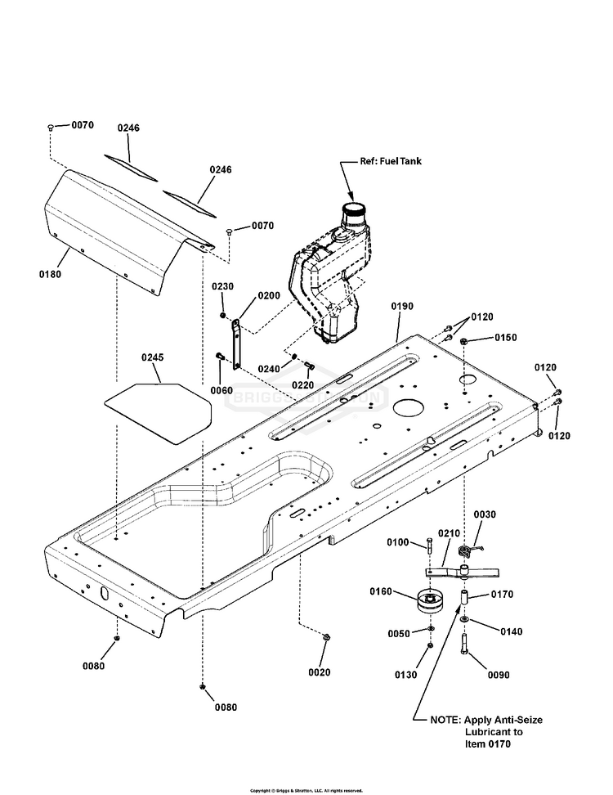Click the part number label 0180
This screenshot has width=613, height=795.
tap(51, 275)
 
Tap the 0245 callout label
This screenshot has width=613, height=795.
tap(153, 357)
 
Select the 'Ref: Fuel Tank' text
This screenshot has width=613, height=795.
tap(392, 162)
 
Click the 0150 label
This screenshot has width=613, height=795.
tap(505, 338)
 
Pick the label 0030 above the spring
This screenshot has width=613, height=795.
tap(484, 514)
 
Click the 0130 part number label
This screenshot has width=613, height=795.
tap(406, 675)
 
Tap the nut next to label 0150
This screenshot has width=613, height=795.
tap(464, 340)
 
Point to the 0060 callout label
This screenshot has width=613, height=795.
tap(221, 390)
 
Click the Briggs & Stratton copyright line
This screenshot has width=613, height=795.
tap(306, 790)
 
